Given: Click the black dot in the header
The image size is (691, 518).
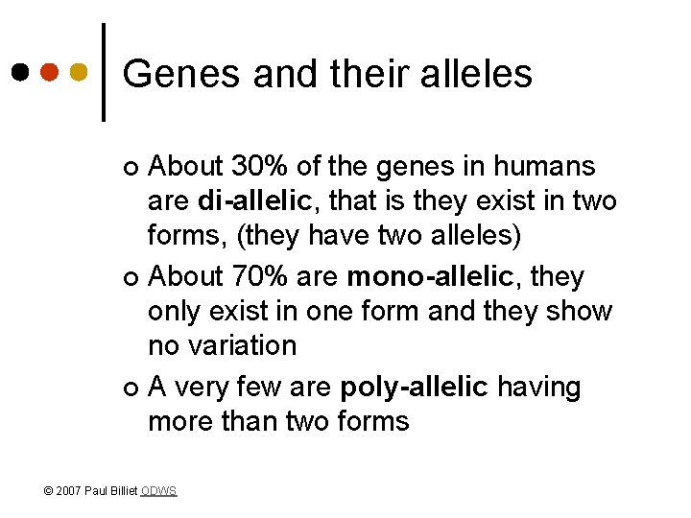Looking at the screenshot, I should click(20, 73).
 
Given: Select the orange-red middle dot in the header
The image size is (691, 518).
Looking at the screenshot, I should click(50, 73).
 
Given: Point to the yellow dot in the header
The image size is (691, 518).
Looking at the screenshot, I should click(80, 73).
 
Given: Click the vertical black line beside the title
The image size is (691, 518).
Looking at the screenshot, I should click(104, 73).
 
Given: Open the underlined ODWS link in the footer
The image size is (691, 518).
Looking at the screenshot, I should click(158, 491).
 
